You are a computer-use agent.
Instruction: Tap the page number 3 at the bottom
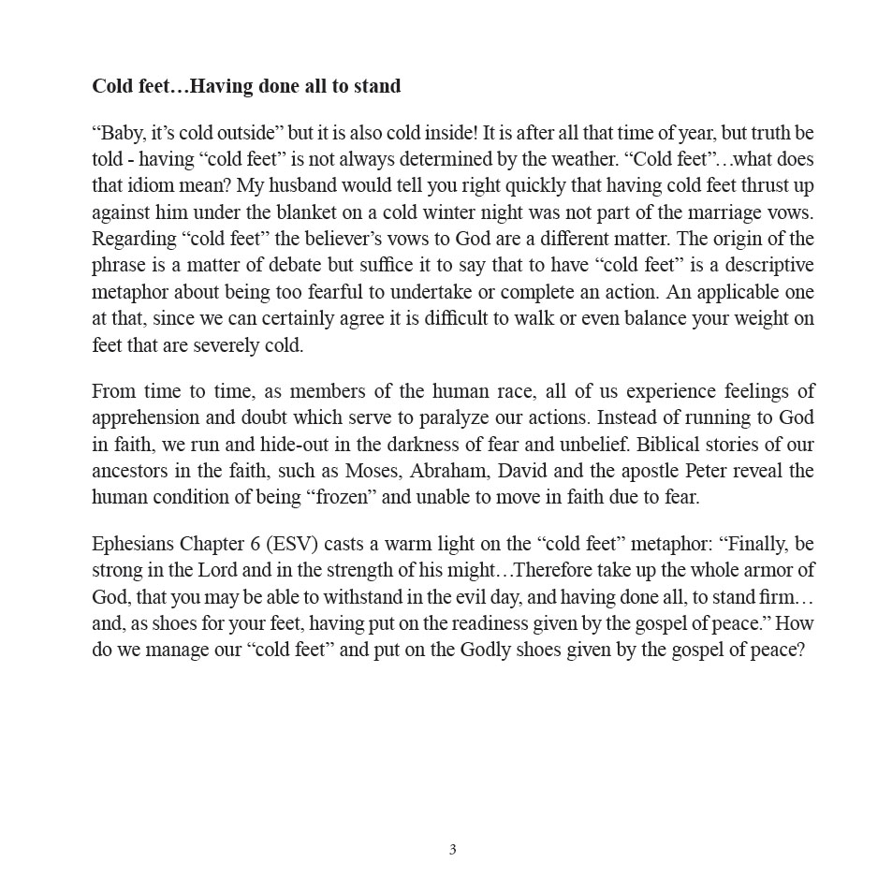coord(452,850)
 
